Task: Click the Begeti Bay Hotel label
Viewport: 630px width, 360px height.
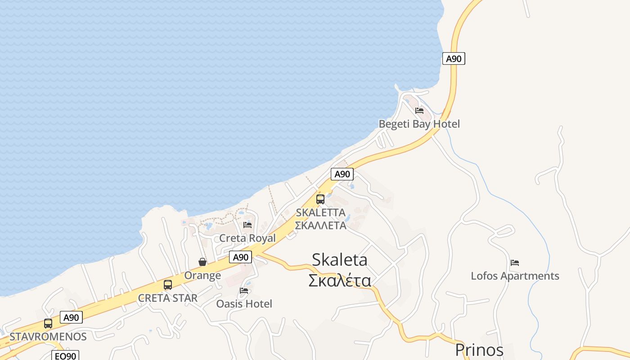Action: click(419, 124)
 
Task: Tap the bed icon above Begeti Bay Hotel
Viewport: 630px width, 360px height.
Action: click(419, 111)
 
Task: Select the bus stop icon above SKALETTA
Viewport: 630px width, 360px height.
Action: click(320, 199)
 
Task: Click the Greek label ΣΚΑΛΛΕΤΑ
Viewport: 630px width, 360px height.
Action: click(320, 225)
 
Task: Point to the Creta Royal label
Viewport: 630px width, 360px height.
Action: click(247, 238)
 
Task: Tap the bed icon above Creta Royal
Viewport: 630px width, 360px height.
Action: click(247, 225)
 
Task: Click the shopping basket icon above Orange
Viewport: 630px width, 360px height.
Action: click(202, 262)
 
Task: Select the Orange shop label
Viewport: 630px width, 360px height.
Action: click(202, 275)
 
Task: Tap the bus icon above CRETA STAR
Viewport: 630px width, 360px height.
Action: click(168, 285)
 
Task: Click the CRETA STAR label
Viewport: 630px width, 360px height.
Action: click(168, 298)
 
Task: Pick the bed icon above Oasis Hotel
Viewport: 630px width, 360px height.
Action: click(244, 291)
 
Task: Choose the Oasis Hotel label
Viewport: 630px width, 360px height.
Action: click(244, 304)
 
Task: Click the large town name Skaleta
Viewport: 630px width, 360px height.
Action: click(339, 260)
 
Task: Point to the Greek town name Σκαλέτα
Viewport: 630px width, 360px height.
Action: click(339, 280)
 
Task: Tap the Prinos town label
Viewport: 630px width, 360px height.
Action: click(479, 350)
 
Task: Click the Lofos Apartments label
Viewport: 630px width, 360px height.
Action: click(515, 276)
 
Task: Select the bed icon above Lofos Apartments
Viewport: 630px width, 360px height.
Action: click(515, 263)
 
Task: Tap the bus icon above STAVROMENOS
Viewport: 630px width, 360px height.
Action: click(48, 323)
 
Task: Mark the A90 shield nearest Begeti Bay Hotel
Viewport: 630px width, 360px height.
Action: click(454, 58)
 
